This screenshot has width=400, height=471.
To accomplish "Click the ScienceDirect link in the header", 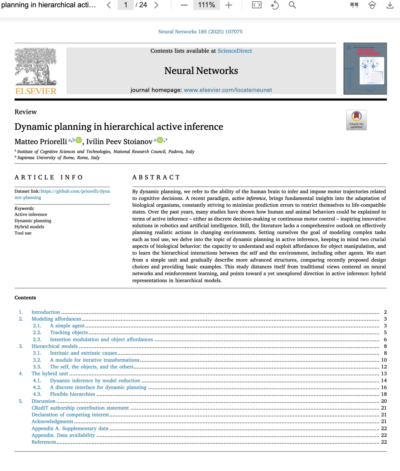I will pyautogui.click(x=234, y=51).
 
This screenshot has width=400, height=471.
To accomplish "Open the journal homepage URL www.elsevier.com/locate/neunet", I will pyautogui.click(x=228, y=90).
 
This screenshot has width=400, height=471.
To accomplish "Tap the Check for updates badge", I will pyautogui.click(x=356, y=120).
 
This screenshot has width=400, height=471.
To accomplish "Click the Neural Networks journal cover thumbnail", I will pyautogui.click(x=365, y=69).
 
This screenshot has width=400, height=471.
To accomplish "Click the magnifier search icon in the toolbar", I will pyautogui.click(x=292, y=5).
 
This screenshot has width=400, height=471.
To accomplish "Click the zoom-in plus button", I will pyautogui.click(x=229, y=5).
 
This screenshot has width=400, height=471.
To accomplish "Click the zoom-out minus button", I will pyautogui.click(x=184, y=5).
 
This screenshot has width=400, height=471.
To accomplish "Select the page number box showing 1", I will pyautogui.click(x=126, y=5).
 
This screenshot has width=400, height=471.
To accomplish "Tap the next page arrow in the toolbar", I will pyautogui.click(x=156, y=5).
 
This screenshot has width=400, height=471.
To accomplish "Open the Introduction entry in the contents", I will pyautogui.click(x=46, y=312).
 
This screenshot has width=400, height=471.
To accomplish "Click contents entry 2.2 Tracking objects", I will pyautogui.click(x=69, y=333).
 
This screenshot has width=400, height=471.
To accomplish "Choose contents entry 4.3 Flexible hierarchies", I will pyautogui.click(x=73, y=394).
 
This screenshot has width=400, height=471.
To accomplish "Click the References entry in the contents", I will pyautogui.click(x=44, y=442).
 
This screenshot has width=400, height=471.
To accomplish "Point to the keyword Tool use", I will pyautogui.click(x=23, y=233).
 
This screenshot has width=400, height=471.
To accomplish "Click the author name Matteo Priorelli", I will pyautogui.click(x=41, y=141).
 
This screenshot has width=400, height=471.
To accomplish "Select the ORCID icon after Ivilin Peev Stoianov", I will pyautogui.click(x=160, y=140).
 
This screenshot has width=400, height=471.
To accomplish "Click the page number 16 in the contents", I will pyautogui.click(x=384, y=387).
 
